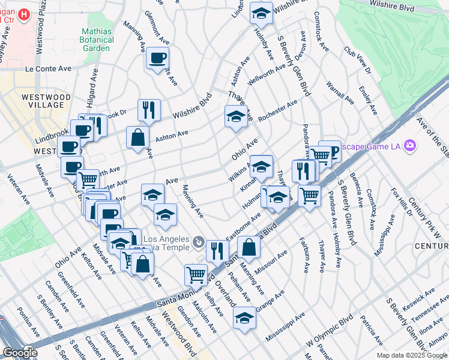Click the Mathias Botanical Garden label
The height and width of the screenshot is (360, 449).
point(98,39)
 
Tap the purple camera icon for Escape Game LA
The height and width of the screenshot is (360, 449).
point(410,145)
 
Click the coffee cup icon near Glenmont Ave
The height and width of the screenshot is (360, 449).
point(158,58)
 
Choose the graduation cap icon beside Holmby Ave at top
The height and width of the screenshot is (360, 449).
point(261,13)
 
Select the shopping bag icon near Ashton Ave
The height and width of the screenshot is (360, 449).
point(138,137)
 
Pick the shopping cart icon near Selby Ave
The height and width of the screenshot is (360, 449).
point(196,275)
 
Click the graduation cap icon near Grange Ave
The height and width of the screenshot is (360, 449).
point(244,318)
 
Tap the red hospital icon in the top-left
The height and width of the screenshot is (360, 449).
point(23,14)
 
